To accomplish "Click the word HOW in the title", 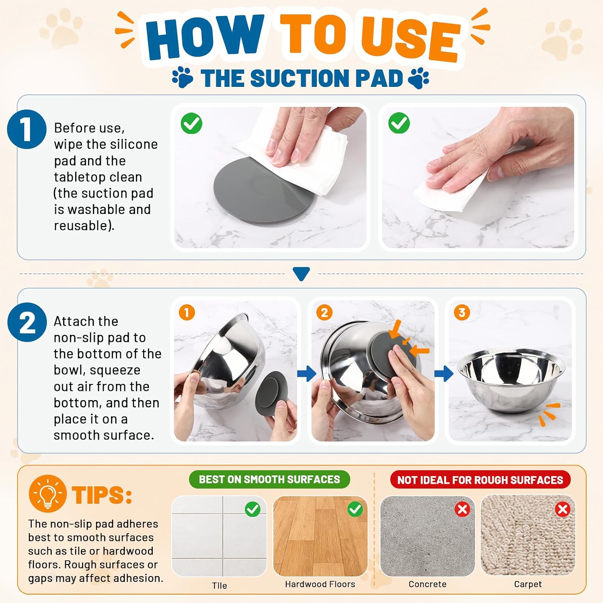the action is pyautogui.click(x=205, y=37).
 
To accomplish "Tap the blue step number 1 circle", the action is pyautogui.click(x=27, y=129).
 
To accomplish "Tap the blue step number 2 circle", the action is pyautogui.click(x=27, y=322).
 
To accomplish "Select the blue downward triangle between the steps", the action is pyautogui.click(x=301, y=274).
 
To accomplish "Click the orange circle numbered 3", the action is pyautogui.click(x=462, y=312).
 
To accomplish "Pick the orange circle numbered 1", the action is pyautogui.click(x=187, y=312).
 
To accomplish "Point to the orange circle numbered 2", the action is pyautogui.click(x=324, y=312).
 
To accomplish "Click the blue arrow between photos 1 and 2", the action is pyautogui.click(x=306, y=373).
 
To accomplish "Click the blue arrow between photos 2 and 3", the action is pyautogui.click(x=444, y=373).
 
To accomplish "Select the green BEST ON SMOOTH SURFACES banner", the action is pyautogui.click(x=269, y=480).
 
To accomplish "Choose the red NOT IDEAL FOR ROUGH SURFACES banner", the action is pyautogui.click(x=480, y=480).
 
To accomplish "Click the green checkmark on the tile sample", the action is pyautogui.click(x=252, y=509).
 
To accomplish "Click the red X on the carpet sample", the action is pyautogui.click(x=563, y=509).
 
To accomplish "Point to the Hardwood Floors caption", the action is pyautogui.click(x=320, y=584).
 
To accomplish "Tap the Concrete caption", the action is pyautogui.click(x=427, y=584).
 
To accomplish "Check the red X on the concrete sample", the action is pyautogui.click(x=463, y=509).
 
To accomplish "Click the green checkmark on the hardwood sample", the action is pyautogui.click(x=355, y=509).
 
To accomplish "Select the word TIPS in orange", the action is pyautogui.click(x=102, y=495).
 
